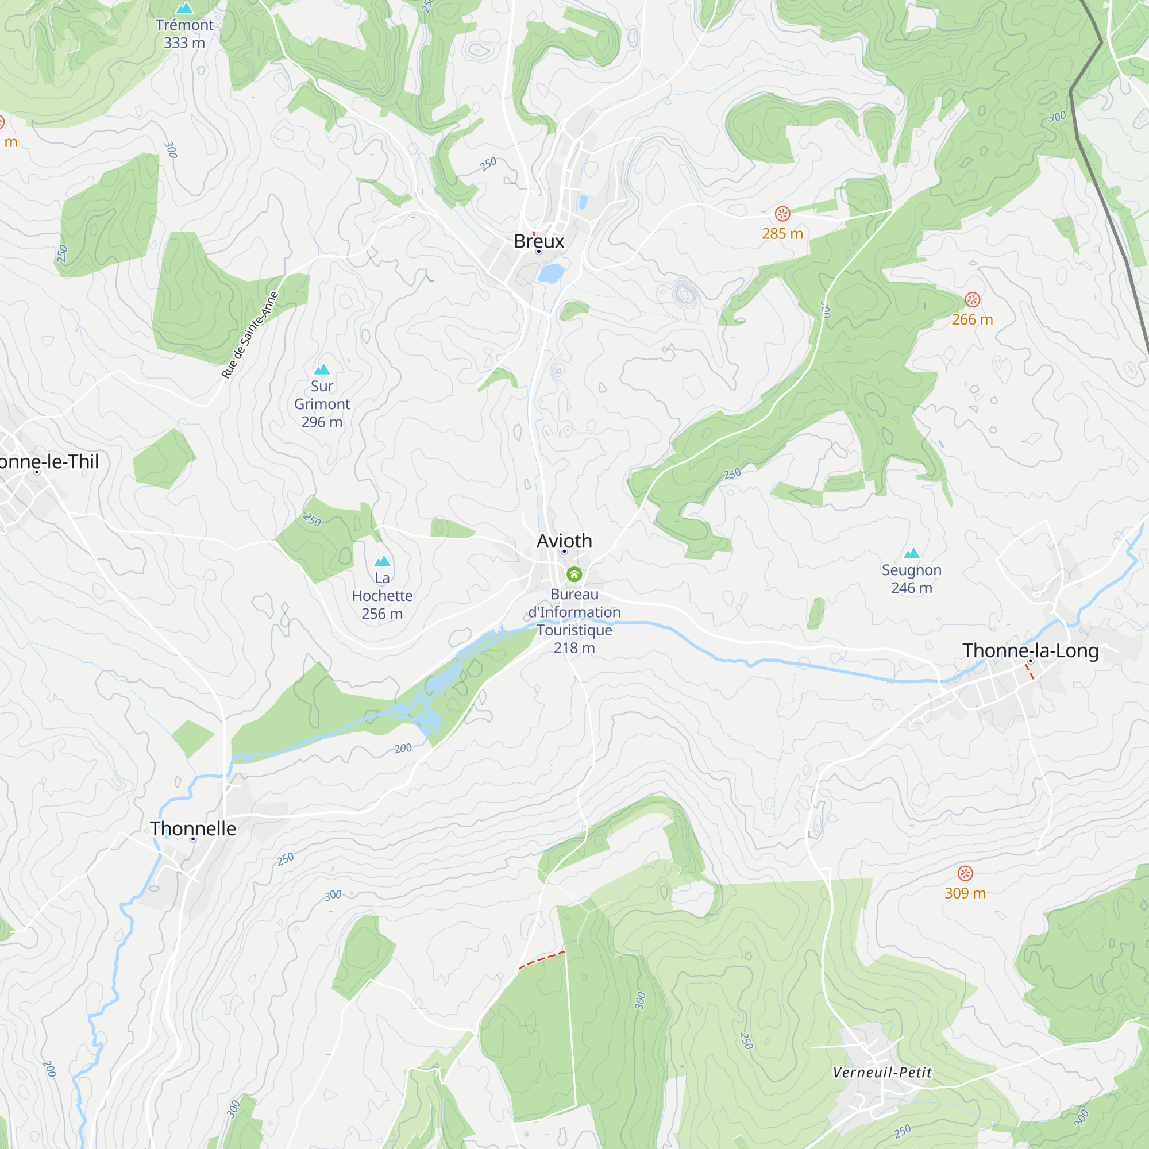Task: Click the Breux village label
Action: pos(539,241)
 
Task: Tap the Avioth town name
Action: pos(564,541)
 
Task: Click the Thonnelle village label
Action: pos(192,828)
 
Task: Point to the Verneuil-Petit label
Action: pos(882,1072)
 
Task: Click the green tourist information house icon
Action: pos(574,574)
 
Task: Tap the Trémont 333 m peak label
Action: pos(184,33)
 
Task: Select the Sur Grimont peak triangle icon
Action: pos(322,369)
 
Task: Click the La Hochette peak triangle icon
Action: pos(382,561)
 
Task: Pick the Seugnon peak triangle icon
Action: pos(911,553)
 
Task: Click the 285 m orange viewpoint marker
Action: pos(782,214)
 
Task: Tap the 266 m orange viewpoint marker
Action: pos(972,299)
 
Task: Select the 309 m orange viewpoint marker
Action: pos(965,873)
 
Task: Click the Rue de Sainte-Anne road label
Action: pos(250,334)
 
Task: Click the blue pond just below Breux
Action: pos(552,273)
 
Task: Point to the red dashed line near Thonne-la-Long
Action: pos(1030,672)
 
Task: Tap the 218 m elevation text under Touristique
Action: pos(574,647)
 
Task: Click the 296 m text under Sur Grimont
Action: pos(322,422)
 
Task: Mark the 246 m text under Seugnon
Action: pos(911,588)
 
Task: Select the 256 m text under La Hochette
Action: pos(382,613)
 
